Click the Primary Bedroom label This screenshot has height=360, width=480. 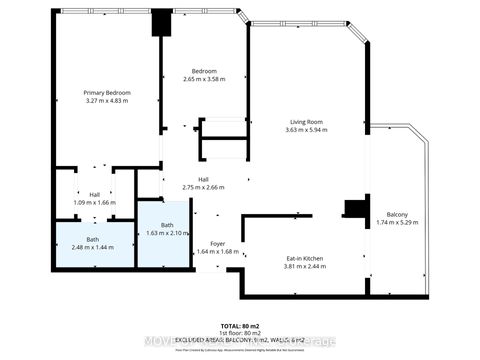(107, 93)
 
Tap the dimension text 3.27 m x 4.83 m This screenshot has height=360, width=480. (107, 101)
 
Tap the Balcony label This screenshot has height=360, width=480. (397, 214)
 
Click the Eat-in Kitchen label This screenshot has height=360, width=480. (303, 259)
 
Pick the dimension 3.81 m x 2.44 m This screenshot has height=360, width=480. (303, 267)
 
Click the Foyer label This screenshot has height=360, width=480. (217, 244)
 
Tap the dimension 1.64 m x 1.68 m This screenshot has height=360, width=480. (217, 252)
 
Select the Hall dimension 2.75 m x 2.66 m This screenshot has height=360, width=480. (203, 187)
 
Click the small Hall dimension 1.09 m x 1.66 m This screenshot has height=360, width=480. (94, 203)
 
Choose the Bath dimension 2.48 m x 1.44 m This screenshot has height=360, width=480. (92, 248)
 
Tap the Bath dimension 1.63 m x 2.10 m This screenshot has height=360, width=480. (161, 233)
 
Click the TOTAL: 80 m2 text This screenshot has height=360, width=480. (240, 327)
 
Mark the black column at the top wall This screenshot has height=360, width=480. (160, 24)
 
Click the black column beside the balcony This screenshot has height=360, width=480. (353, 208)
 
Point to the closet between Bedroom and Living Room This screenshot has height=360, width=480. (223, 138)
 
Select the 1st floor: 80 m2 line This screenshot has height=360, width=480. (240, 334)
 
